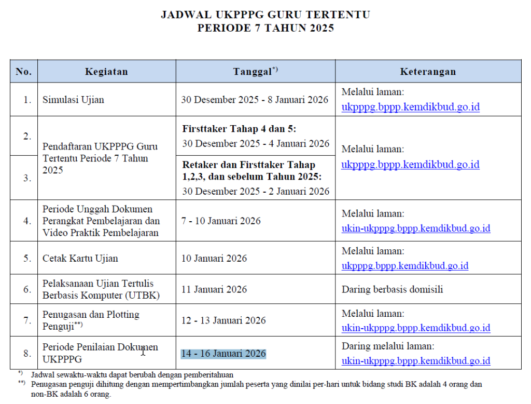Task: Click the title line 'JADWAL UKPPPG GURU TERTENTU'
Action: click(x=265, y=15)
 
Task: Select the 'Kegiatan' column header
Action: click(x=106, y=72)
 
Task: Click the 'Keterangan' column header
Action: click(x=428, y=72)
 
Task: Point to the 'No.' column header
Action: click(x=24, y=72)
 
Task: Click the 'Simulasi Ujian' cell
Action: click(x=73, y=99)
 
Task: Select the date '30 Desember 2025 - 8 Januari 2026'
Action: click(x=255, y=99)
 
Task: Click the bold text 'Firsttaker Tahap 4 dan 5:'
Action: click(x=240, y=129)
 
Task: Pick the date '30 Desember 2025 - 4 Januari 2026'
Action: click(x=255, y=143)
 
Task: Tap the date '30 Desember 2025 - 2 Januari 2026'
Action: click(x=255, y=191)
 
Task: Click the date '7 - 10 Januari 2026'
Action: click(x=221, y=221)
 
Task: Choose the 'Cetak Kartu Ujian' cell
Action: click(x=80, y=258)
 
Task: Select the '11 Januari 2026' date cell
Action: click(x=214, y=289)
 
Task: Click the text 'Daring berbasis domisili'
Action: click(x=392, y=289)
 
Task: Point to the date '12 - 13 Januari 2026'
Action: click(x=223, y=320)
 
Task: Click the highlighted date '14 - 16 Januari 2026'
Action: click(x=223, y=354)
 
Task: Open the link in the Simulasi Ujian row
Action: click(x=410, y=107)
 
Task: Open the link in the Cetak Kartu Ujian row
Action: click(x=404, y=266)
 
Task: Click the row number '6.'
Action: click(x=27, y=289)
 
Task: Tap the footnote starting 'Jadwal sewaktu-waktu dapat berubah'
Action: click(x=132, y=374)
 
